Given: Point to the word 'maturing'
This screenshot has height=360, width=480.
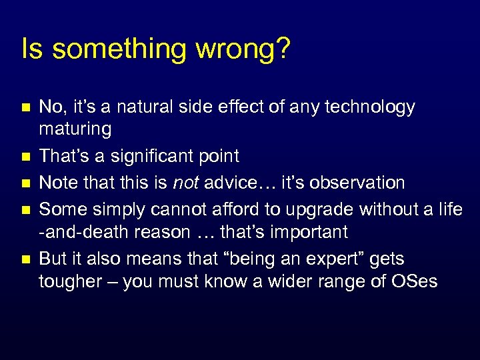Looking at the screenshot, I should pos(75,129).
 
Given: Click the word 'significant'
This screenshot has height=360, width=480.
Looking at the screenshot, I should pos(155,157).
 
